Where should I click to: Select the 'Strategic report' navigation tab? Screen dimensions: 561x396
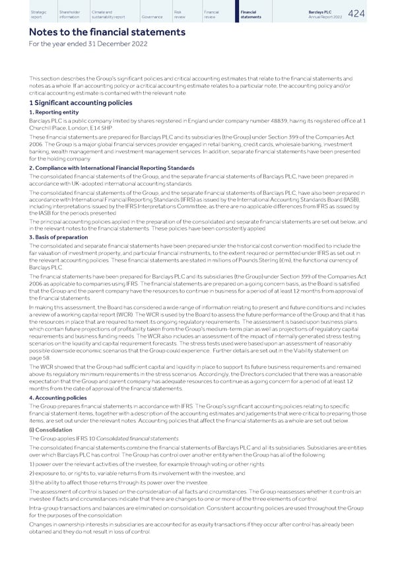38,14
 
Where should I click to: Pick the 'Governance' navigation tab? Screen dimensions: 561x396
153,17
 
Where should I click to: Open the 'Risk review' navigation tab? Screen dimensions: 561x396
181,14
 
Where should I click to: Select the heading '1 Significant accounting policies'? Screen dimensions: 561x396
81,102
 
